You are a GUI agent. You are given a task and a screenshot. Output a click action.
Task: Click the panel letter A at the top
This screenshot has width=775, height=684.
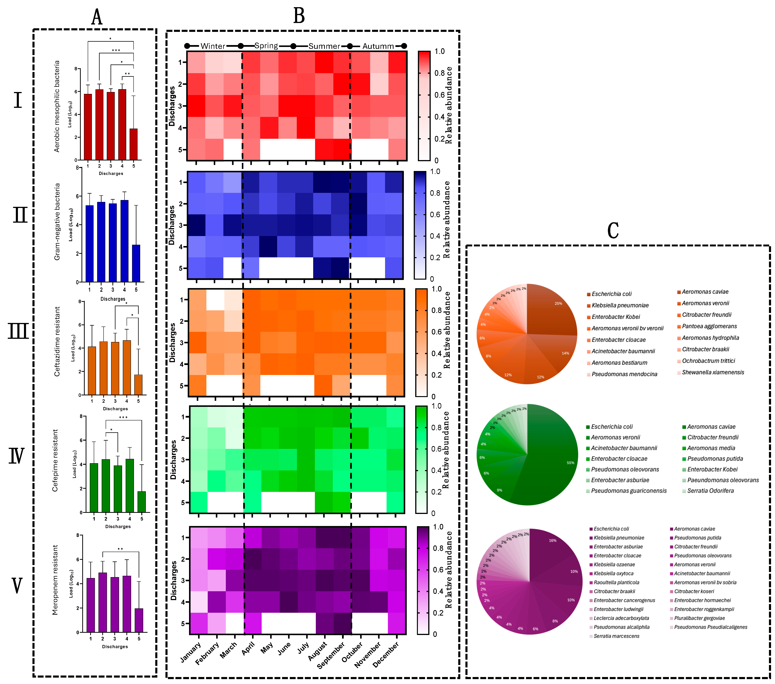coord(97,17)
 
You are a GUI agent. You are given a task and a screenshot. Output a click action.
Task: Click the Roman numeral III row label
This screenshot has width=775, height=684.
coord(18,331)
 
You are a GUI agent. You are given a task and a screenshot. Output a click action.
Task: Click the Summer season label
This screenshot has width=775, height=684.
coord(324,46)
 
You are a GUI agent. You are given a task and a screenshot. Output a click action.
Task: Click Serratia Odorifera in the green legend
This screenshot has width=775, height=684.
coord(710,491)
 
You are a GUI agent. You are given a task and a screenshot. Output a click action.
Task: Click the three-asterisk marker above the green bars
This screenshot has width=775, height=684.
coord(123,418)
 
